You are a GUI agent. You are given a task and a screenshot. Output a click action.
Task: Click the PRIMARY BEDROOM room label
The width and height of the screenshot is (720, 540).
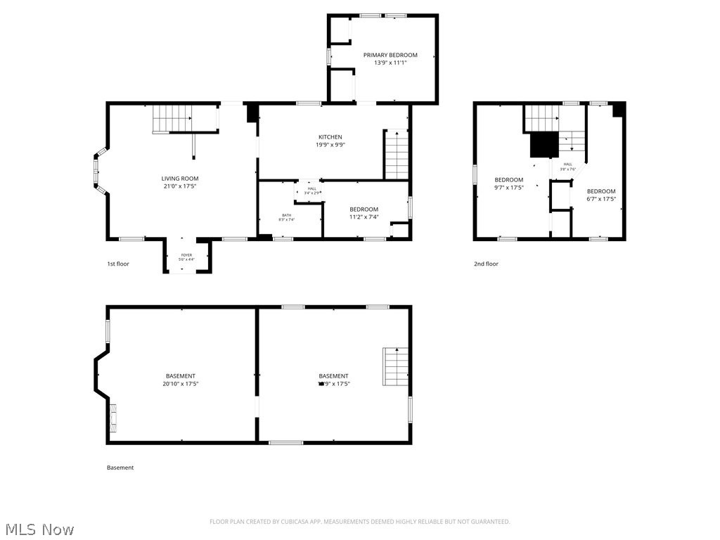(390, 55)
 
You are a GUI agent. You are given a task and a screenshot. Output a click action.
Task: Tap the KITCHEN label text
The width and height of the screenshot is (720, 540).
(330, 137)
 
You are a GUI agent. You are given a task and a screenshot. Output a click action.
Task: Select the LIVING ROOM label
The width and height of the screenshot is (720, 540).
(180, 179)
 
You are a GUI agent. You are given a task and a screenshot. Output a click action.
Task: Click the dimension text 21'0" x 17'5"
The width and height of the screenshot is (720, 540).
(180, 186)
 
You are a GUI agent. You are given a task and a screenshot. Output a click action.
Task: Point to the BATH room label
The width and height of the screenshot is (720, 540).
(287, 215)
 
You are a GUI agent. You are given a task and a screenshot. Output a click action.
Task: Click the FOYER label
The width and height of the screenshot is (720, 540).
(186, 255)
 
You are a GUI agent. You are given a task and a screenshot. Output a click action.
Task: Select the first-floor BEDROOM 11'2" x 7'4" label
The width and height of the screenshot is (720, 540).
(364, 209)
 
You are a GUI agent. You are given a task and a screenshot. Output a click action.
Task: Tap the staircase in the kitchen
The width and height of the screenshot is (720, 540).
(397, 155)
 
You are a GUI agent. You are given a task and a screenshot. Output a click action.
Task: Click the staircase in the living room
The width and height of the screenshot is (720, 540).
(172, 117)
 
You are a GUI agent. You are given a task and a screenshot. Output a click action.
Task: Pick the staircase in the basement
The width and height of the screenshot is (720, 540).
(397, 366)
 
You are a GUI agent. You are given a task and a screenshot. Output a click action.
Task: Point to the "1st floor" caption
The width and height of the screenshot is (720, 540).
(118, 264)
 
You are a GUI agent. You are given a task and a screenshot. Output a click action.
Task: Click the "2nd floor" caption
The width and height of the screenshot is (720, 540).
(486, 264)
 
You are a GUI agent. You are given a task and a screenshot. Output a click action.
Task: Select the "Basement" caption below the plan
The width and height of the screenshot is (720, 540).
(120, 468)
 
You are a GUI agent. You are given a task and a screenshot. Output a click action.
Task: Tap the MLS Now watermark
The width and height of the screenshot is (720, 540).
(39, 529)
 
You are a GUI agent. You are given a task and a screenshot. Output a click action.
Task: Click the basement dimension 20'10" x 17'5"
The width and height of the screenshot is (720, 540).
(181, 384)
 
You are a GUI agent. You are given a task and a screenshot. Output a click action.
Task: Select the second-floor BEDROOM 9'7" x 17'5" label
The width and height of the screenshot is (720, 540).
(509, 180)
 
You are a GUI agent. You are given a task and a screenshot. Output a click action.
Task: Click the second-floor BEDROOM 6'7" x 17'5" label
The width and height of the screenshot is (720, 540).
(601, 191)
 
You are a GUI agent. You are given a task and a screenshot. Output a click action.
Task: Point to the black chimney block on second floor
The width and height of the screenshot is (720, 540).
(544, 145)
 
